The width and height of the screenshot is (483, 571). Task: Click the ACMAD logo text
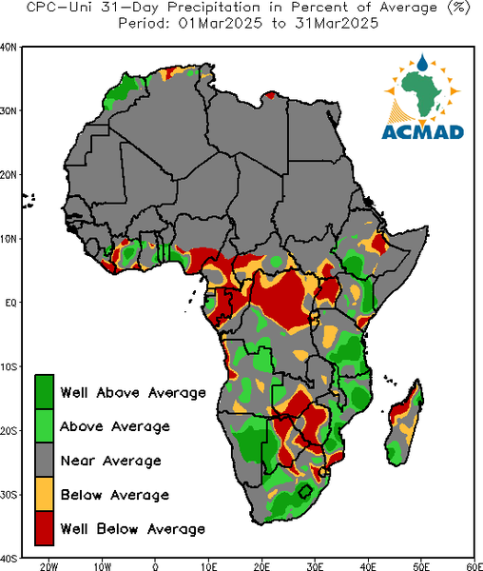coord(422,132)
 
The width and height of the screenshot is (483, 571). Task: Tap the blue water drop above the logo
coord(422,63)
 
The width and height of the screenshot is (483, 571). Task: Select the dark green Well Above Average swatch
coord(45,392)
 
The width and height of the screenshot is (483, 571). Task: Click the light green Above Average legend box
coord(45,425)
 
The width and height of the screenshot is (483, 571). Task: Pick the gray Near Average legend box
coord(45,460)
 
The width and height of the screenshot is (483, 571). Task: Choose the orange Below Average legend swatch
coord(45,494)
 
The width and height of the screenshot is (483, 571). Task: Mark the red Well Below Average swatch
coord(45,528)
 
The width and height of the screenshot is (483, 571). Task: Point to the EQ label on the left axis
coord(10,303)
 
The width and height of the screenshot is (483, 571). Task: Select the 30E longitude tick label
coord(315,566)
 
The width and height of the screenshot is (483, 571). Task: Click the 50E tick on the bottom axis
coord(421,566)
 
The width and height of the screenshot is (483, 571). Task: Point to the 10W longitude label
coord(102,566)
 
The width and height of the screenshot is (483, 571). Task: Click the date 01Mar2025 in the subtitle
coord(220,24)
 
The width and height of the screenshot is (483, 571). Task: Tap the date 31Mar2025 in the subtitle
coord(337,24)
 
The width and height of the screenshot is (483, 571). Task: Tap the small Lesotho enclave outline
coord(305,491)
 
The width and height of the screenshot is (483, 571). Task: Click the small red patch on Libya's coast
coord(270,95)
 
